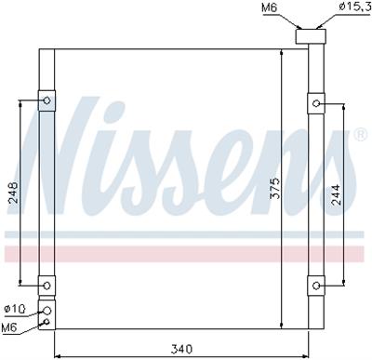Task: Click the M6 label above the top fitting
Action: pos(269,8)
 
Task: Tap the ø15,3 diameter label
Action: pos(344,8)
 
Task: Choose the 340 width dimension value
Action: pos(181,349)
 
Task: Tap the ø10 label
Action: pos(13,309)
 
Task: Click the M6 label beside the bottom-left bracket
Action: pos(11,327)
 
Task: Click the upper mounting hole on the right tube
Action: pos(316,102)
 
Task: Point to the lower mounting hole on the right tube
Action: pos(316,285)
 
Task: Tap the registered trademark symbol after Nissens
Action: pos(360,134)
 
